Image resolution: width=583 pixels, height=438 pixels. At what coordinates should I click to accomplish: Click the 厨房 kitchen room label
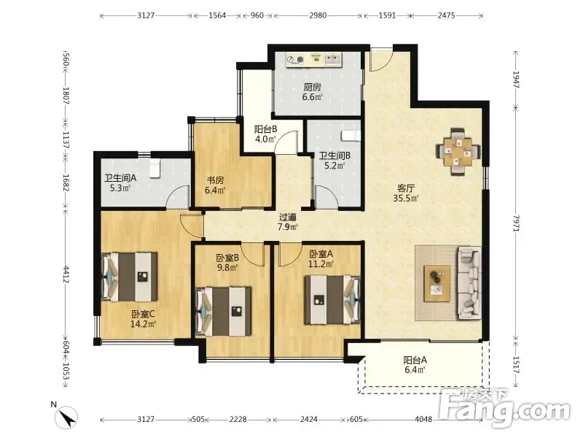[312, 87]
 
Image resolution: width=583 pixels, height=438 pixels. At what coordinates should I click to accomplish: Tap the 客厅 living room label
[406, 188]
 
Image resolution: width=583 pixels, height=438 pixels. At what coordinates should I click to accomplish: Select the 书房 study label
[215, 180]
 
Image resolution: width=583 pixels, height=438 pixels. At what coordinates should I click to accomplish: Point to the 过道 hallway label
[288, 217]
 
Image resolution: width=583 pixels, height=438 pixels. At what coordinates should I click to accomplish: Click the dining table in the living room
[458, 152]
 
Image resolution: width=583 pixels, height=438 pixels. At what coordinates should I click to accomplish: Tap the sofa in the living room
[469, 283]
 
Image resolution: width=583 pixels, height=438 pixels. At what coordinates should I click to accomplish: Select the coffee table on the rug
[437, 283]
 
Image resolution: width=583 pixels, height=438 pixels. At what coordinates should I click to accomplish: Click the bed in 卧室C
[130, 277]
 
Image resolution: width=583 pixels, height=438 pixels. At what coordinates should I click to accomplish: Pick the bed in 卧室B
[224, 312]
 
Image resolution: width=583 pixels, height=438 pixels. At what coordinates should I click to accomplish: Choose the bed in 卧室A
[332, 300]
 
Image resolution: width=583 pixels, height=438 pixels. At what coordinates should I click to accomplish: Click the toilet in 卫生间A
[155, 169]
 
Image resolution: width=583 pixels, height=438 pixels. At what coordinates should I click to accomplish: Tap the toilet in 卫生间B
[351, 136]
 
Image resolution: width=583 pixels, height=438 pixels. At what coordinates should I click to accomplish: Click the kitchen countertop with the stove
[314, 60]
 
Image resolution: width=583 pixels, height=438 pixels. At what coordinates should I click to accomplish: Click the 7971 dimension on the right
[516, 223]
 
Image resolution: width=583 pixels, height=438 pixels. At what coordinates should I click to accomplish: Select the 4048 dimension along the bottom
[423, 419]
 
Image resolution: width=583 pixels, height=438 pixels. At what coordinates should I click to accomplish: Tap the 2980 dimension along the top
[318, 15]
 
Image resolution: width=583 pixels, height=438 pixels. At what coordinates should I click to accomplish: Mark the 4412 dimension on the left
[66, 274]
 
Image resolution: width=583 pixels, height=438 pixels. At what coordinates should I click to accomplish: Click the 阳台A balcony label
[415, 360]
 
